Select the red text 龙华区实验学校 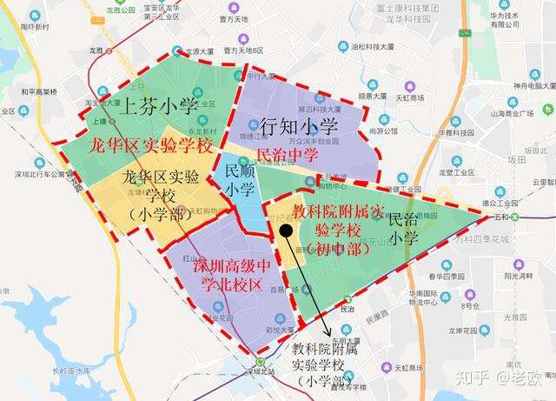151,145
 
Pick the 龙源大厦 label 193,51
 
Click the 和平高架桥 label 38,90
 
